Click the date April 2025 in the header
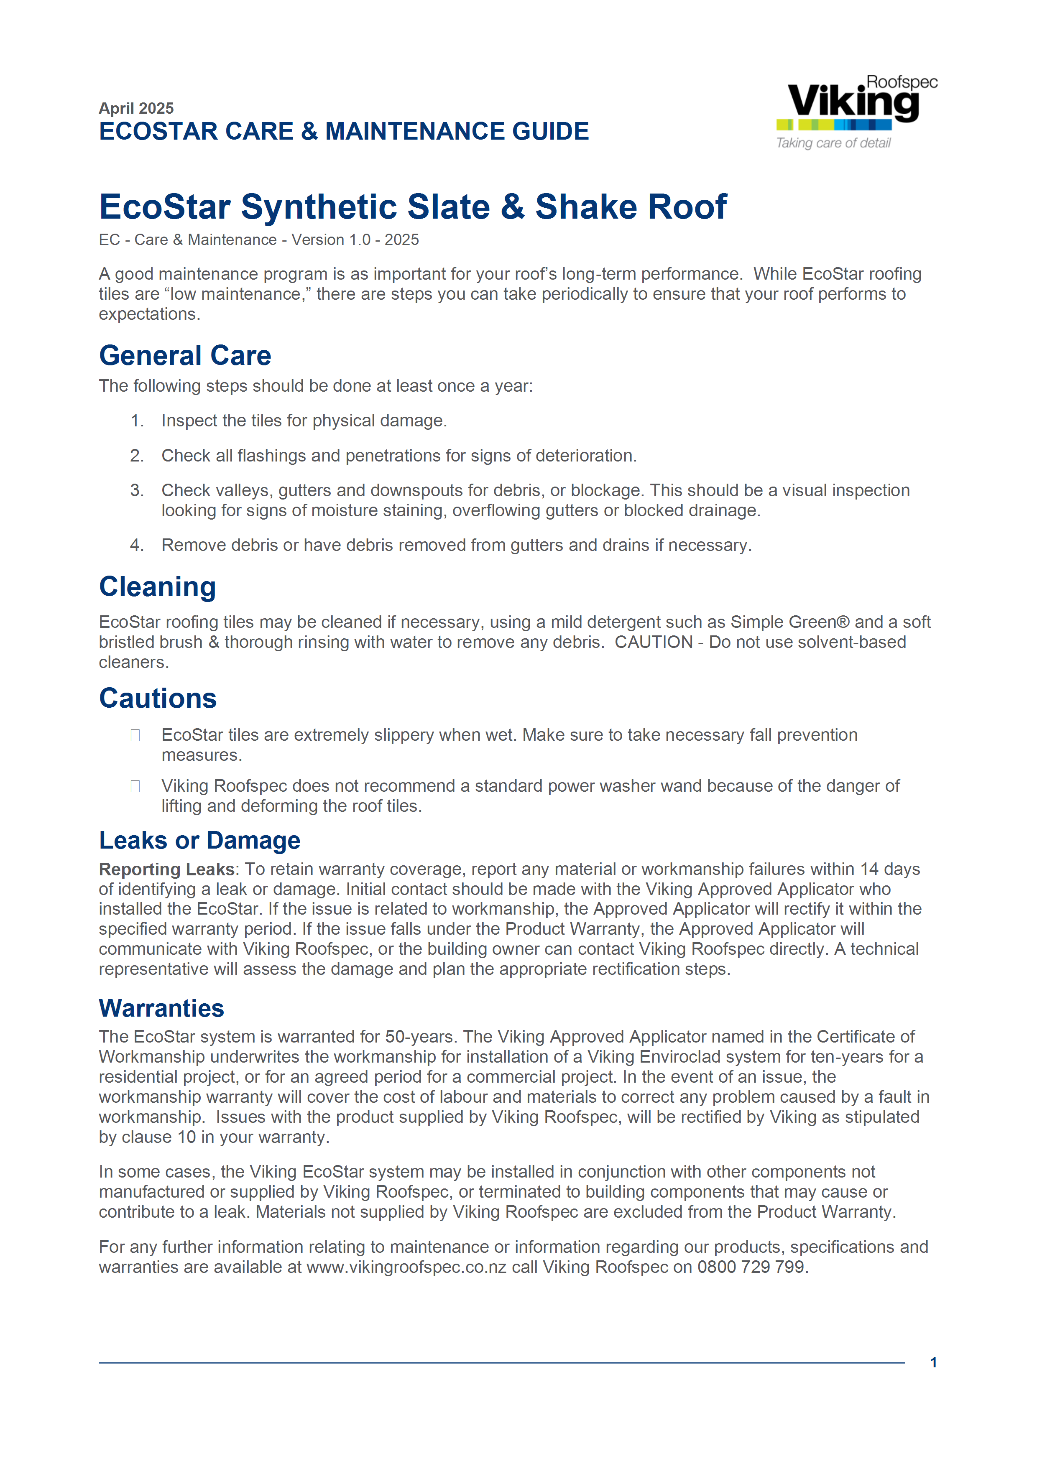coord(136,108)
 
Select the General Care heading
coord(185,356)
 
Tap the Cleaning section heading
coord(157,587)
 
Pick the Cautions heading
coord(158,698)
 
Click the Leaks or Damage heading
coord(199,840)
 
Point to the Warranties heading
coord(161,1008)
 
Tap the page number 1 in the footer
coord(934,1363)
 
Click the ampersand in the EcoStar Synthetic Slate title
coord(513,207)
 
